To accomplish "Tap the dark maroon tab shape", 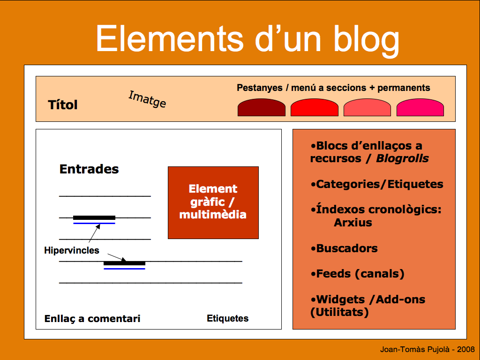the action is click(x=262, y=107).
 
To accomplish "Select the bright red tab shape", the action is click(x=315, y=107).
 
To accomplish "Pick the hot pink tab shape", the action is click(x=420, y=107).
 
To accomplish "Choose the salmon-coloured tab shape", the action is click(x=367, y=107).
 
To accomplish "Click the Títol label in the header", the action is click(x=63, y=105).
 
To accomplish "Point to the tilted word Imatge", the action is click(x=147, y=99).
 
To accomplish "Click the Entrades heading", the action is click(x=89, y=169).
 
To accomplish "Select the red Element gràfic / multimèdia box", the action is click(x=213, y=202).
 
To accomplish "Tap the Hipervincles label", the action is click(x=72, y=250).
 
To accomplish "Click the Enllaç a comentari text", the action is click(x=92, y=319).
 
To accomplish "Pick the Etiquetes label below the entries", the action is click(x=227, y=318).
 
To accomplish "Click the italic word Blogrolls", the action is click(x=402, y=158).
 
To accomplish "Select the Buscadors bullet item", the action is click(x=344, y=248).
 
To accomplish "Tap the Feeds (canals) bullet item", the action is click(x=357, y=274).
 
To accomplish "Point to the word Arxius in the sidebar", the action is click(x=353, y=223).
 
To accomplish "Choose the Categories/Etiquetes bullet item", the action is click(x=377, y=184).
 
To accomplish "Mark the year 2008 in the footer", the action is click(x=466, y=349).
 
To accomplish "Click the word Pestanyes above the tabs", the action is click(x=260, y=88).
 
